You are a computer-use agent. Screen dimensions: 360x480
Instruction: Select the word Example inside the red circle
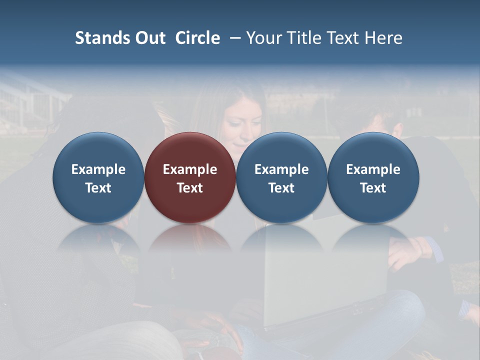tap(190, 169)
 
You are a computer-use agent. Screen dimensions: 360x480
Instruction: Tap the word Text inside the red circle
tap(190, 188)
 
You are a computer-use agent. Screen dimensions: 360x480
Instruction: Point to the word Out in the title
tap(149, 38)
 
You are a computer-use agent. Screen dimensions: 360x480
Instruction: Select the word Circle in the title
tap(197, 38)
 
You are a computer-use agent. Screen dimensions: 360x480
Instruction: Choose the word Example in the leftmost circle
tap(98, 169)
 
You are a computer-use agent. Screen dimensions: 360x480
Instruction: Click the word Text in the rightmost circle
tap(373, 188)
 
